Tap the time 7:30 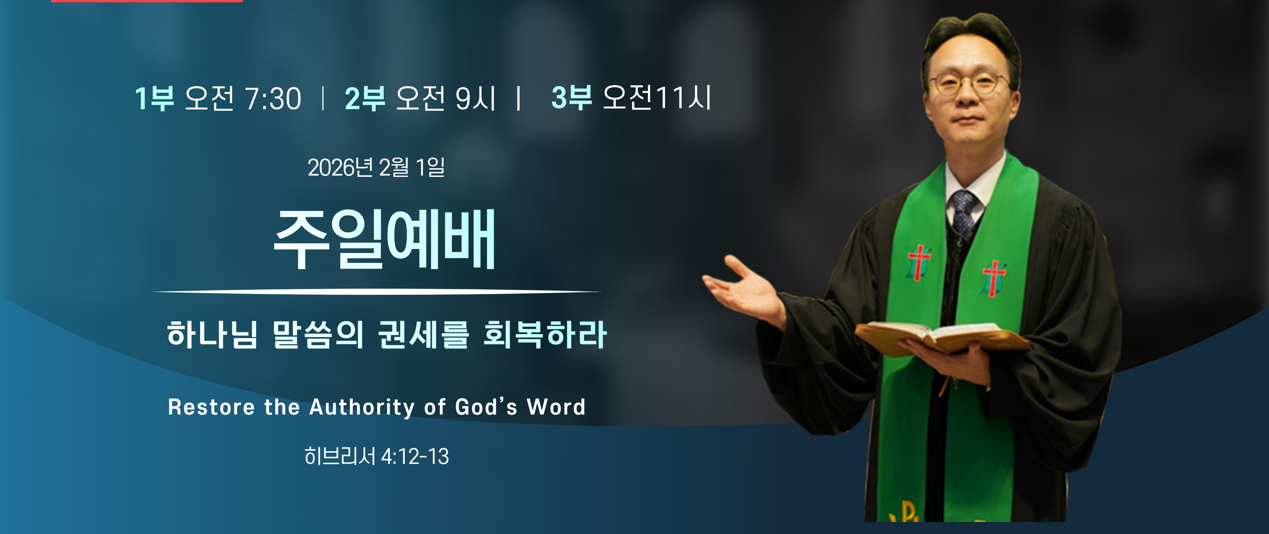pos(273,98)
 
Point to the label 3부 pos(571,97)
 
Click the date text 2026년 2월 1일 pos(376,167)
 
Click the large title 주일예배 pos(384,239)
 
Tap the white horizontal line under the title pos(377,292)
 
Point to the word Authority pos(362,408)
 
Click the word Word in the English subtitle pos(556,407)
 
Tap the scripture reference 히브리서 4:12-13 pos(377,456)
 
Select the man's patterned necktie pos(963,212)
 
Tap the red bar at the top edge pos(147,1)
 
